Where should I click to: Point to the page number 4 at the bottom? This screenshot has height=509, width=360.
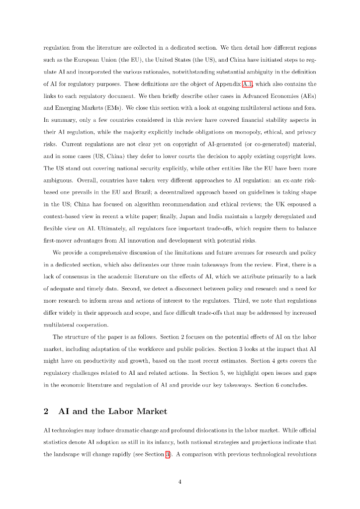tap(180, 481)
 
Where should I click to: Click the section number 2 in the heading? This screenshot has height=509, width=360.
tap(46, 411)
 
